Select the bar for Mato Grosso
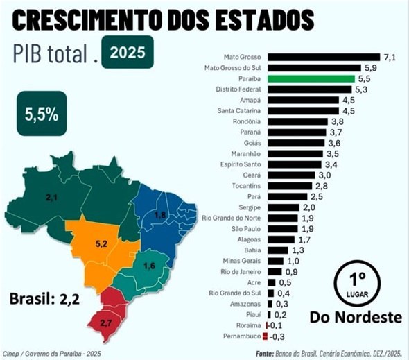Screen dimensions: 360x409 pos(323,57)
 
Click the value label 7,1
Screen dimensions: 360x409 pos(390,57)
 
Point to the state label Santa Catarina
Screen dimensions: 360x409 pos(238,110)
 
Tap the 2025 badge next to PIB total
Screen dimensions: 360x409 pos(127,52)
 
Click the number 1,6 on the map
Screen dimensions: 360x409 pos(149,266)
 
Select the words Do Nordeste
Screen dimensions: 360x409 pos(356,318)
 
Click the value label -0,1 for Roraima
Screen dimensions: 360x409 pos(275,325)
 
